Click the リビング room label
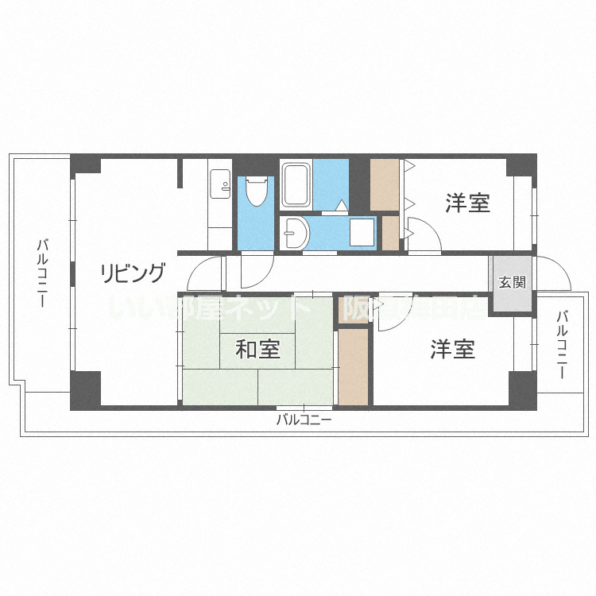pyautogui.click(x=133, y=274)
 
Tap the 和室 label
pyautogui.click(x=257, y=349)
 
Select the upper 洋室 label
pyautogui.click(x=467, y=203)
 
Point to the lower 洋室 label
pyautogui.click(x=453, y=349)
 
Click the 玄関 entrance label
pyautogui.click(x=512, y=282)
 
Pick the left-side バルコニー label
pyautogui.click(x=41, y=274)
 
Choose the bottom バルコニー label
pyautogui.click(x=304, y=420)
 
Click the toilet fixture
pyautogui.click(x=257, y=192)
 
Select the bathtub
pyautogui.click(x=296, y=185)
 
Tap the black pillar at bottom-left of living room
pyautogui.click(x=86, y=389)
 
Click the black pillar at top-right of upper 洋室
pyautogui.click(x=521, y=164)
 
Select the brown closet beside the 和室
pyautogui.click(x=353, y=366)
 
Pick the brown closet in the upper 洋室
pyautogui.click(x=385, y=185)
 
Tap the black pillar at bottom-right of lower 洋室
pyautogui.click(x=522, y=389)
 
